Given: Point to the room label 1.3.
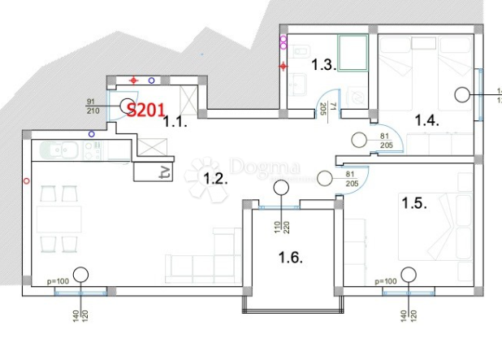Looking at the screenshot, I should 302,66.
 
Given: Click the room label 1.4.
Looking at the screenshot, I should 426,121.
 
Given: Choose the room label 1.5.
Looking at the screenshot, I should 413,203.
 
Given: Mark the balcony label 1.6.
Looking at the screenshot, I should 290,258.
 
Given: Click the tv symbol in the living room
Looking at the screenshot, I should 164,172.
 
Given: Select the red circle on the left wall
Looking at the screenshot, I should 27,180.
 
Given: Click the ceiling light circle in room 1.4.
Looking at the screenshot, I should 463,94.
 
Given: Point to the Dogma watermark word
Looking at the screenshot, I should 257,167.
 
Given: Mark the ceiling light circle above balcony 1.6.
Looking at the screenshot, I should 281,189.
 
